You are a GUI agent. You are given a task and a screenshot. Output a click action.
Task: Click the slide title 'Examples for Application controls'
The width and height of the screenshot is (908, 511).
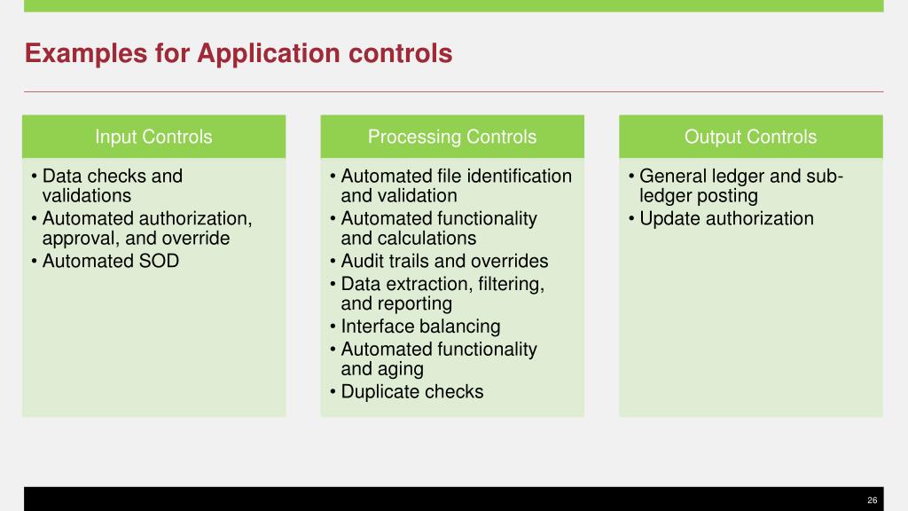pyautogui.click(x=239, y=54)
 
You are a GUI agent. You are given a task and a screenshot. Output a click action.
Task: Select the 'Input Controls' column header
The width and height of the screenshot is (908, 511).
pyautogui.click(x=153, y=137)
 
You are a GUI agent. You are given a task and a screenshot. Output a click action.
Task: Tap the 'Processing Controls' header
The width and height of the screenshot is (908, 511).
pyautogui.click(x=452, y=137)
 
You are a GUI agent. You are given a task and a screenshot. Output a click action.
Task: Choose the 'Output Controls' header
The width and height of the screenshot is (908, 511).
pyautogui.click(x=750, y=137)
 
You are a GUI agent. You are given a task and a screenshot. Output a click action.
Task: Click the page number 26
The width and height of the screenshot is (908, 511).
pyautogui.click(x=872, y=500)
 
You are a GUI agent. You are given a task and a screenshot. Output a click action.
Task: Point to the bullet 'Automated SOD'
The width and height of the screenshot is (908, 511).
pyautogui.click(x=110, y=261)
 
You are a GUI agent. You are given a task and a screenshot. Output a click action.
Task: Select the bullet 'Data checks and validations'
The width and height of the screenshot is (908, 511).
pyautogui.click(x=112, y=185)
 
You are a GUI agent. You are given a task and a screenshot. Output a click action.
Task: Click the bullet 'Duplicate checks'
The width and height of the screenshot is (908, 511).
pyautogui.click(x=411, y=391)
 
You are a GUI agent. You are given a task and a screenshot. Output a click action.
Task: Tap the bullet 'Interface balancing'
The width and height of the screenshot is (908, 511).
pyautogui.click(x=420, y=326)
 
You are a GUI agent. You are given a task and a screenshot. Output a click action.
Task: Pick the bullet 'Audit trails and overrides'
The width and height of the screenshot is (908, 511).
pyautogui.click(x=444, y=261)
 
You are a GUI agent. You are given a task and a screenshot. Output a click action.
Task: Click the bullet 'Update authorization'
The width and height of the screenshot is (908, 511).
pyautogui.click(x=726, y=218)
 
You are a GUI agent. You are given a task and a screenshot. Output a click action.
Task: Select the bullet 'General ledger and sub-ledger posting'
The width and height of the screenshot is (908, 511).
pyautogui.click(x=740, y=185)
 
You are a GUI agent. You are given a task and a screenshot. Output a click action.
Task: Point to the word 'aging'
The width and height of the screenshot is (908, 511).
pyautogui.click(x=399, y=369)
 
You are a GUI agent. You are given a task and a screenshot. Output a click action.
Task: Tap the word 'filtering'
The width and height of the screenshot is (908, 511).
pyautogui.click(x=509, y=284)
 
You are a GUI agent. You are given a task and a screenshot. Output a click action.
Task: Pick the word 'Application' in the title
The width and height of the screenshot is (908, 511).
pyautogui.click(x=269, y=54)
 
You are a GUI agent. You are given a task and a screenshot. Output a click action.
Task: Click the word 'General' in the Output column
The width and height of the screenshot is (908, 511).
pyautogui.click(x=673, y=176)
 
